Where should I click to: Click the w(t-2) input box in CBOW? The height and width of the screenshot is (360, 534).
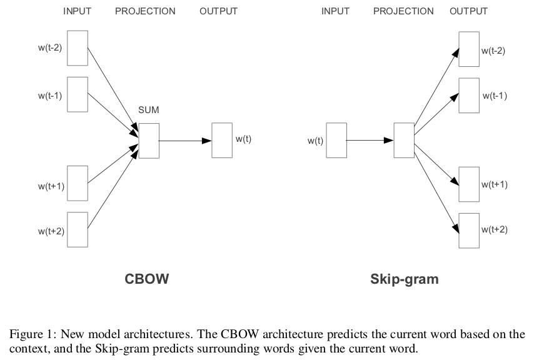pos(78,47)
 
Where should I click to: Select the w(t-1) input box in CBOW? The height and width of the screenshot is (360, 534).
pos(78,94)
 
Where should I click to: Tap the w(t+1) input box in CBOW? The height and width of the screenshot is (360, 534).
pos(78,183)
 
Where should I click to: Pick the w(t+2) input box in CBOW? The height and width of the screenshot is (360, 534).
pos(78,229)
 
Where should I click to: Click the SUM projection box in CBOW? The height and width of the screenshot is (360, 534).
pos(149,141)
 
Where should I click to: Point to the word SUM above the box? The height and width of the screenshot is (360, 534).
pos(149,111)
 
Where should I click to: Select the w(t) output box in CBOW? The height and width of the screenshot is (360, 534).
pos(222,141)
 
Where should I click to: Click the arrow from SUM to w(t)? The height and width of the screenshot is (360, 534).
pos(185,141)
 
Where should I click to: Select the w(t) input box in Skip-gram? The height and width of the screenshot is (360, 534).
pos(336,141)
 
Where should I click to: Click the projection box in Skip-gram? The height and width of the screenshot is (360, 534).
pos(403,141)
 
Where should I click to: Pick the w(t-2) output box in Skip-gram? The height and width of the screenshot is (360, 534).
pos(469,49)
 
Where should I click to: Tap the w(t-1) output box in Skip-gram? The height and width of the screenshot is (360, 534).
pos(469,96)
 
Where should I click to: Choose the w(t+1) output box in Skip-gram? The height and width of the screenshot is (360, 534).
pos(469,184)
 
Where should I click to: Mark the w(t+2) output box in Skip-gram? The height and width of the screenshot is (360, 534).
pos(469,231)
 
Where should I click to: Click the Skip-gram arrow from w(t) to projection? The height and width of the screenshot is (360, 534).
pos(369,141)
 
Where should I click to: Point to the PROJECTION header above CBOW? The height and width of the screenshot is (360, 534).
pos(145,11)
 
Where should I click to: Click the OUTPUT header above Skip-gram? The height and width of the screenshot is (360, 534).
pos(468,11)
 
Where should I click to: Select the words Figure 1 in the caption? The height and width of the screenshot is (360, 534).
pos(29,334)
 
